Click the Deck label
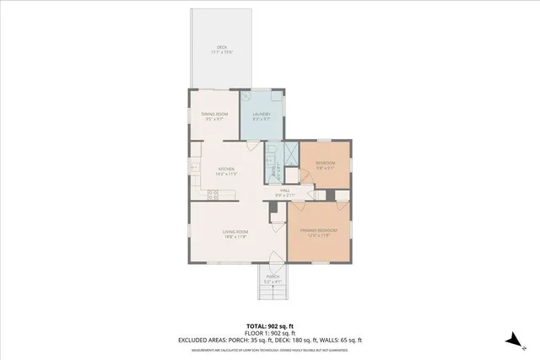[222, 47]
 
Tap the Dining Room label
[214, 114]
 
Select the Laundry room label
[262, 114]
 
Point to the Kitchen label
[226, 169]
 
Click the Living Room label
[235, 231]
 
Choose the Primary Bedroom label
[320, 230]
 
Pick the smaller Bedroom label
[326, 163]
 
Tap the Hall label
[285, 191]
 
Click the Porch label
[273, 277]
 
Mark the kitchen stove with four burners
[213, 195]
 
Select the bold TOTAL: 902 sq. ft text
[269, 325]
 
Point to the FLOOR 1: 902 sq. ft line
[269, 333]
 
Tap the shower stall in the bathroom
[289, 155]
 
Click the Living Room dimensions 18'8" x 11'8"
[235, 237]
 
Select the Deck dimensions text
[222, 52]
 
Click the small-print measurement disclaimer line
[269, 349]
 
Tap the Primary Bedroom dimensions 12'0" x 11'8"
[320, 235]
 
